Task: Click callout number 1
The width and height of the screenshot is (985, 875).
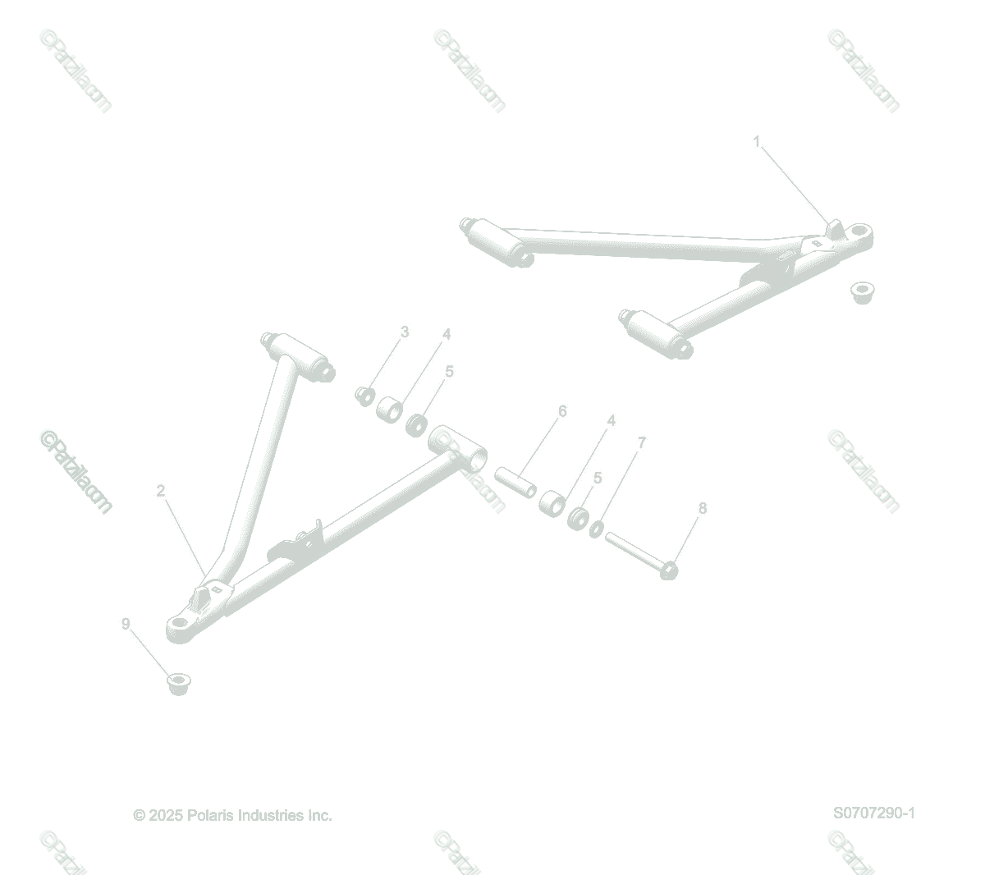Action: [757, 141]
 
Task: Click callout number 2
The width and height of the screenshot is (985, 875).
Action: [161, 491]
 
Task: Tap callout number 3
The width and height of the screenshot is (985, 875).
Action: [404, 332]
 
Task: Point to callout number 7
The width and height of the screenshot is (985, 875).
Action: [642, 442]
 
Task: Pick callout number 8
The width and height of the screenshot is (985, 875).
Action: [702, 508]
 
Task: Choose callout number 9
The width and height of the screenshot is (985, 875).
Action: [126, 625]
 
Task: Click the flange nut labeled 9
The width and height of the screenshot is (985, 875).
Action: [176, 683]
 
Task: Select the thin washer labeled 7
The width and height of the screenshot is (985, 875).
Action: [597, 525]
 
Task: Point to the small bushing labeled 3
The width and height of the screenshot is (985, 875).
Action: [364, 396]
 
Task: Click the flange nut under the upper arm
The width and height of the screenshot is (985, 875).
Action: [861, 292]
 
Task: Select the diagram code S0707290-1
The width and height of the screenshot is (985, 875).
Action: [873, 813]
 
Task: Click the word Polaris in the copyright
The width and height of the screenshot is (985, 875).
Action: [208, 816]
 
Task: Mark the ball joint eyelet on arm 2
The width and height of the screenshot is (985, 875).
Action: [180, 628]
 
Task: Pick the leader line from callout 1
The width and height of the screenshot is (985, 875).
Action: [795, 186]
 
